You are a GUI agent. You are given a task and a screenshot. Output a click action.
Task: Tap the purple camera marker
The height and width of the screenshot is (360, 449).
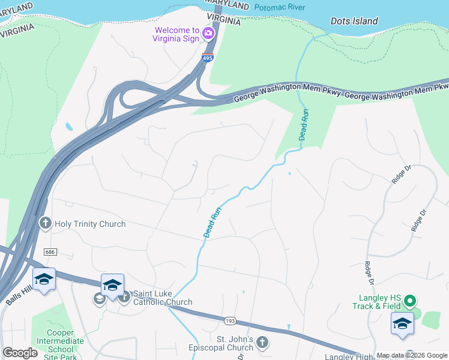(x=209, y=33)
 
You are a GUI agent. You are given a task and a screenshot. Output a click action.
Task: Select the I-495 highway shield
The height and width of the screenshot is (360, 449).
(x=206, y=58)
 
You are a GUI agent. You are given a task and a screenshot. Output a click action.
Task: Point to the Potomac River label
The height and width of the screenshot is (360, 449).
(x=280, y=8)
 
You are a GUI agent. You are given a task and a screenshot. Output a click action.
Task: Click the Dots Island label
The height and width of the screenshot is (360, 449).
(x=354, y=21)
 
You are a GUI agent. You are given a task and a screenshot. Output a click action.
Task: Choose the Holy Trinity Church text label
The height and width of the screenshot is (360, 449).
(x=90, y=224)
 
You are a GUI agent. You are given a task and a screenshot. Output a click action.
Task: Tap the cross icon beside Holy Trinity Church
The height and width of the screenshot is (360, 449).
(x=45, y=224)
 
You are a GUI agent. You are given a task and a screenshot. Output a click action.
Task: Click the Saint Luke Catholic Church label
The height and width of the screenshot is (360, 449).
(x=163, y=297)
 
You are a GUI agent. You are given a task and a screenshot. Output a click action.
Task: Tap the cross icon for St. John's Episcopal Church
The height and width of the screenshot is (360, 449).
(x=261, y=343)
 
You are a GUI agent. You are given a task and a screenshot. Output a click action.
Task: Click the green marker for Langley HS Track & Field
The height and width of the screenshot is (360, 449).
(x=411, y=300)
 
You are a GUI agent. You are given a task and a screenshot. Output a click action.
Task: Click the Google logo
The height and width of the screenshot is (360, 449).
(x=20, y=353)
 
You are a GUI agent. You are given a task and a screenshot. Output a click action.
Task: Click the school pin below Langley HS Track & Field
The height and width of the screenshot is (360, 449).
(x=402, y=323)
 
